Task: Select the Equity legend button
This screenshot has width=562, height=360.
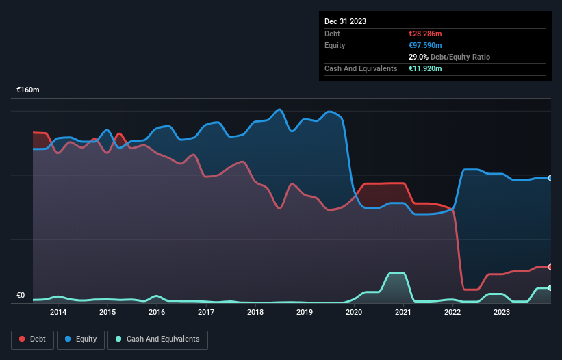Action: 81,339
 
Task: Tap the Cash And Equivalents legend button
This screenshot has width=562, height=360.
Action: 157,339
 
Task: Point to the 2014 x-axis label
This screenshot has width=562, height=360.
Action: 58,313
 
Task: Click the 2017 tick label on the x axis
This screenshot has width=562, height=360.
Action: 206,313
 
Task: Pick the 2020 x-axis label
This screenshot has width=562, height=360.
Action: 354,313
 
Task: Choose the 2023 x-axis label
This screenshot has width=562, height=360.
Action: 502,313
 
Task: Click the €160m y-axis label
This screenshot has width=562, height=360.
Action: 28,90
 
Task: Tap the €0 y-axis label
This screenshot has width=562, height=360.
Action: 21,296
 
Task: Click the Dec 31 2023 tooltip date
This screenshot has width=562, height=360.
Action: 345,21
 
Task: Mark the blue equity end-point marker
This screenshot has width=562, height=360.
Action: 550,178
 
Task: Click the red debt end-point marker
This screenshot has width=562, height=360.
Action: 550,267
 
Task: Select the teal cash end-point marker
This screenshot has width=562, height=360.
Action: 550,288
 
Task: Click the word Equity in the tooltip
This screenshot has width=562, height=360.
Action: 335,45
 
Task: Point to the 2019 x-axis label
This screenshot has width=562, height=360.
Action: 305,313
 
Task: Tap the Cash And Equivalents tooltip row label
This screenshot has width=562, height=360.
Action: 361,68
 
